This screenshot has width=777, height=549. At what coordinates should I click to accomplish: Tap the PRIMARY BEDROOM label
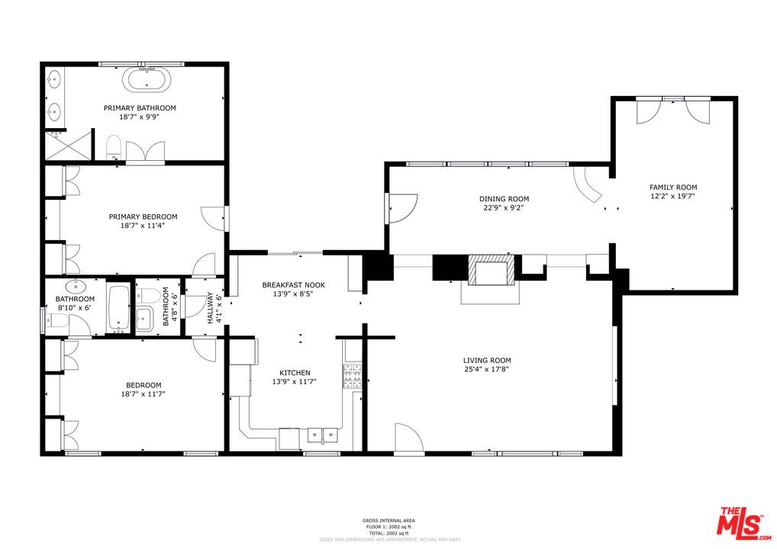(143, 217)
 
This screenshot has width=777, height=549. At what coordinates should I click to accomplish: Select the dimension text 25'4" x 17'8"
(487, 369)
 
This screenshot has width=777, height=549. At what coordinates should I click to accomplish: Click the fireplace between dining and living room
(491, 271)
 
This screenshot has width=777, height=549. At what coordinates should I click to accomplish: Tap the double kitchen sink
(322, 435)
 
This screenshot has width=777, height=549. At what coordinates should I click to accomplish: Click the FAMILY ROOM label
(672, 188)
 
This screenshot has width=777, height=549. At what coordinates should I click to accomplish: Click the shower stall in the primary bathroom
(66, 145)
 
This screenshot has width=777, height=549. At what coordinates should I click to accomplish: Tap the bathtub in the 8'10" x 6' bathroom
(118, 309)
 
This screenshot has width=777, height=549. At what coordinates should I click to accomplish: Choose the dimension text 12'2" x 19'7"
(672, 196)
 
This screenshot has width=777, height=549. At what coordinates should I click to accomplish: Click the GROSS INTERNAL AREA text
(388, 521)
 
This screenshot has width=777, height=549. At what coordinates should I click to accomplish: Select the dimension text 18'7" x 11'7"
(143, 393)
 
